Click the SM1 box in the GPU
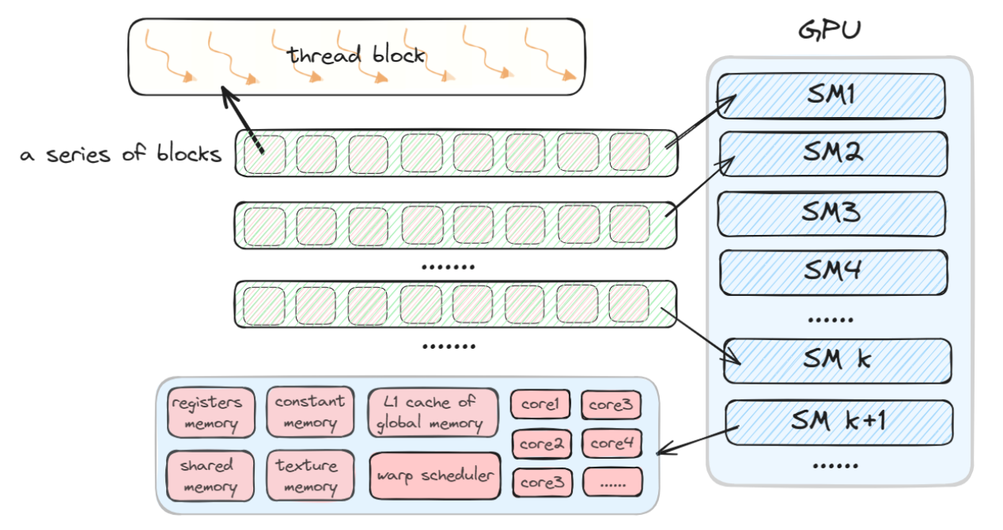(831, 96)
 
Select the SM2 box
(833, 153)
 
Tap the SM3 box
(831, 214)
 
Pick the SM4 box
(833, 272)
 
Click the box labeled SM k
(837, 361)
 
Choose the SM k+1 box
(838, 422)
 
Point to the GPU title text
(830, 30)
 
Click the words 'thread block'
(356, 55)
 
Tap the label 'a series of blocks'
(121, 153)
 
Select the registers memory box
(211, 412)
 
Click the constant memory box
(310, 411)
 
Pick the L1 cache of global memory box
(433, 412)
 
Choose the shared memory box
(210, 475)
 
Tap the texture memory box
(310, 475)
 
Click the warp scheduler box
(435, 476)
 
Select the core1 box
(540, 404)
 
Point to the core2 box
(542, 444)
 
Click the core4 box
(611, 443)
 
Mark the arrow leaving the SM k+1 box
(697, 441)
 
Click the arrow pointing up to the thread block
(242, 120)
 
